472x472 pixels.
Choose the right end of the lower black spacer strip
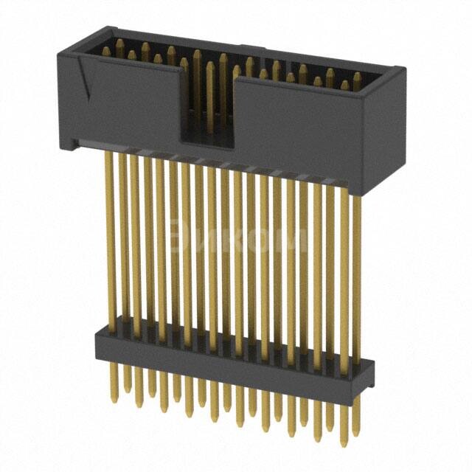(367, 376)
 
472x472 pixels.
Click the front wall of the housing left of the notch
(125, 103)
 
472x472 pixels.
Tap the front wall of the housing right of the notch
(302, 136)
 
